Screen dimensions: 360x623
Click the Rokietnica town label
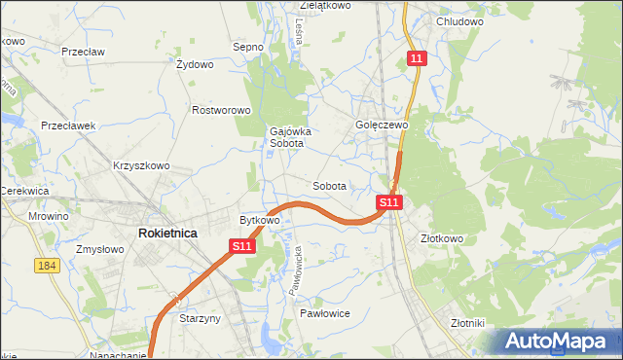point(167,234)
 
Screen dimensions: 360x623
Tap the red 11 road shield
point(417,59)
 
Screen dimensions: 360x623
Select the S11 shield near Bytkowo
point(243,248)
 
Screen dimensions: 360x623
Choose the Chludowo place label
point(460,21)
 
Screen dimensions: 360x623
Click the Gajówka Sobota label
point(287,137)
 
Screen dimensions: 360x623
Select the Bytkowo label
point(260,221)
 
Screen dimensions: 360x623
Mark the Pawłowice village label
point(325,313)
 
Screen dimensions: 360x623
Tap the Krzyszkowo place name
point(141,165)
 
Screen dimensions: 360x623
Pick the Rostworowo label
point(222,111)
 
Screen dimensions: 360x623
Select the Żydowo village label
point(195,65)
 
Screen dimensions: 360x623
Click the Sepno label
point(248,46)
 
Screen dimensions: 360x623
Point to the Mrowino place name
point(49,216)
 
